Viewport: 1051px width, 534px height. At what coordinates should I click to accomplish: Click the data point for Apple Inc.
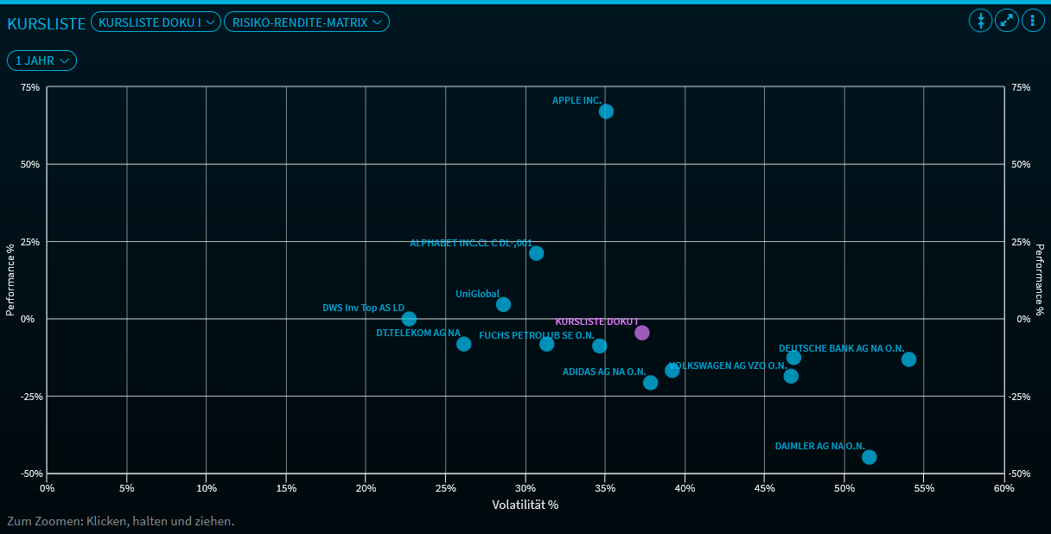pos(606,111)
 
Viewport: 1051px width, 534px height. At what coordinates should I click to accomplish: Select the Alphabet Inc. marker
pos(536,253)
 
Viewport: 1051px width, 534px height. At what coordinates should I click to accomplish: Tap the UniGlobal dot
pos(503,304)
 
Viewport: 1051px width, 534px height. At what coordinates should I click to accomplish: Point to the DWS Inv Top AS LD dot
pos(409,319)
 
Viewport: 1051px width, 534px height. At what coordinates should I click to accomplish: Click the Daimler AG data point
pos(869,457)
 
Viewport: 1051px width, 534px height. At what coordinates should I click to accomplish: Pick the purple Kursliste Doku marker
pos(641,333)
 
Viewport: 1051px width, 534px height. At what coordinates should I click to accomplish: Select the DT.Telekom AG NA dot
pos(463,344)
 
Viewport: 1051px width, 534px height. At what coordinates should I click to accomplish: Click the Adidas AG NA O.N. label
pos(603,372)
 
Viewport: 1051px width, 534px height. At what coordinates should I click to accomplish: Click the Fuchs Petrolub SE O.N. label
pos(536,335)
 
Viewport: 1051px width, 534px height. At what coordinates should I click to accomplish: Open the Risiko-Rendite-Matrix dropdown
pos(307,22)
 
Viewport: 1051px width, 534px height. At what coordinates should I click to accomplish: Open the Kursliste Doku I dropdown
pos(156,22)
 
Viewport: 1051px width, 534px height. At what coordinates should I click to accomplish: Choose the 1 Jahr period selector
pos(42,60)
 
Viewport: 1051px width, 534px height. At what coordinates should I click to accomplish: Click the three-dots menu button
pos(1033,21)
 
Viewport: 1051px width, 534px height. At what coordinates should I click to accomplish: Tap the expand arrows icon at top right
pos(1007,21)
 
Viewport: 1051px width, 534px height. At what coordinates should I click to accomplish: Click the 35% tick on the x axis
pos(605,488)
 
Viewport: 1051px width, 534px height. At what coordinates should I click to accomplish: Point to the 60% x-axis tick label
pos(1003,488)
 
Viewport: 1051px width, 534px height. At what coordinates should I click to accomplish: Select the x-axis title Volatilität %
pos(525,505)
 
